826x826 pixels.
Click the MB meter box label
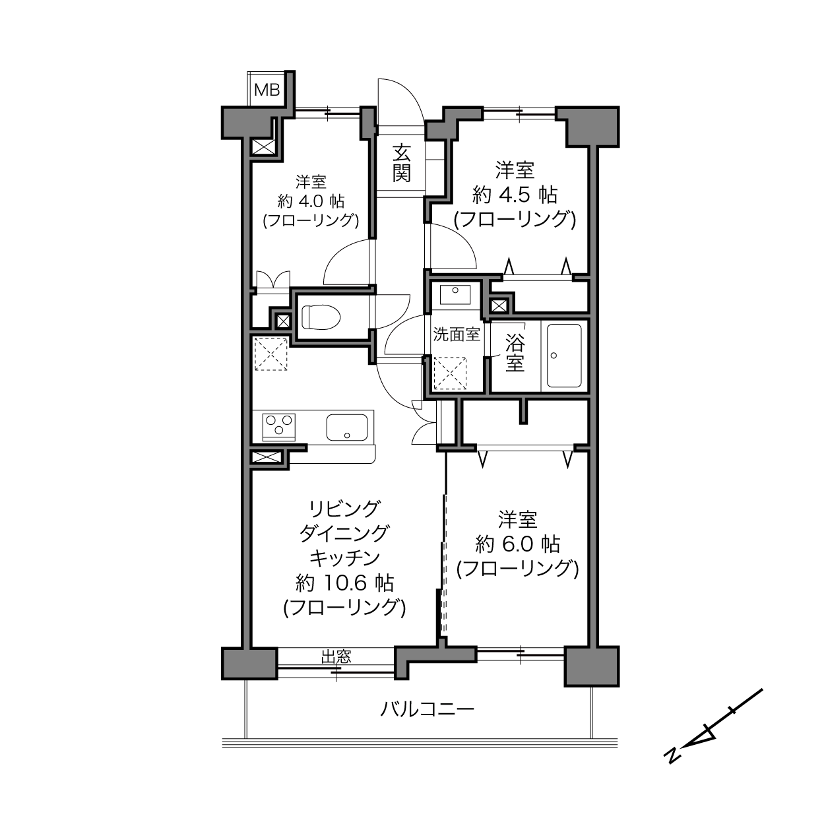coord(267,90)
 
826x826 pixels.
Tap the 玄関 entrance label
coord(402,163)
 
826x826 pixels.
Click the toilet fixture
coord(321,317)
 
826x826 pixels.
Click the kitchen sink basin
coord(347,427)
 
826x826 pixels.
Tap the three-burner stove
coord(278,427)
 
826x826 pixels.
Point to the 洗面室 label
coord(456,334)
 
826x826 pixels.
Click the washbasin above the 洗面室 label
coord(455,294)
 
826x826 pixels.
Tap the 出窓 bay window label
coord(336,656)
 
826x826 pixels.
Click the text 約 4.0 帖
coord(311,201)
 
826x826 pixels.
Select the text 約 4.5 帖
coord(515,195)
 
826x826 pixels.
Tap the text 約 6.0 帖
coord(517,544)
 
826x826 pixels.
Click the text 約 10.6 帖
coord(345,583)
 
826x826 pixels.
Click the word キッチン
coord(345,557)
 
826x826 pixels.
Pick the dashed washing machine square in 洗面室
coord(450,373)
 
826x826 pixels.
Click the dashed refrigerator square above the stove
coord(271,354)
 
